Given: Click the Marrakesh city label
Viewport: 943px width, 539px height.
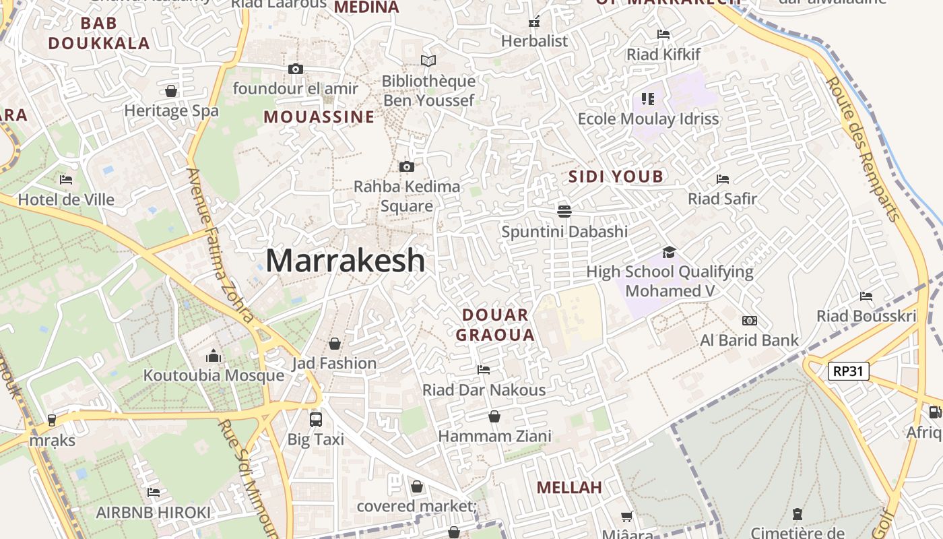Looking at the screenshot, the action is coord(346,261).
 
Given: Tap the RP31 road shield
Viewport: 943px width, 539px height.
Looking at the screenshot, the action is coord(849,371).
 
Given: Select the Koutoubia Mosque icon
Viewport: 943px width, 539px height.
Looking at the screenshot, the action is coord(214,356).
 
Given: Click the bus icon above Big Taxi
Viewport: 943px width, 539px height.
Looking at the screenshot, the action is coord(315,419).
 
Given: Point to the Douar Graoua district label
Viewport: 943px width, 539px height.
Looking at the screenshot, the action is coord(495,325).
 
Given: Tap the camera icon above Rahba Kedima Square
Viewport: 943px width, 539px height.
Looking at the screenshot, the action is coord(406,166).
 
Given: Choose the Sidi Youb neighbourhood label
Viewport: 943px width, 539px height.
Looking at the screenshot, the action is coord(616,177).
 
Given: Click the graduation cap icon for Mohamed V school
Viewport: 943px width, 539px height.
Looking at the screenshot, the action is coord(669,252).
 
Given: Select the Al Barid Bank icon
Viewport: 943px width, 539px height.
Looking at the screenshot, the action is coord(749,321).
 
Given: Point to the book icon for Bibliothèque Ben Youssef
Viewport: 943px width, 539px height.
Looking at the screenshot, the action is coord(428,61).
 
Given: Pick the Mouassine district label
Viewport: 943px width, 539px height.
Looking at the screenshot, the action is coord(319,117).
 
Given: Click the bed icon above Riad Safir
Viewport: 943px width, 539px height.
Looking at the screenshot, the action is coord(723,179).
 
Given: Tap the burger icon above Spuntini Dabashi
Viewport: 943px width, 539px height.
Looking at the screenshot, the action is coord(564,212).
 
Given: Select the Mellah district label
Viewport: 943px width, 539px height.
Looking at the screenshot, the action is coord(569,487).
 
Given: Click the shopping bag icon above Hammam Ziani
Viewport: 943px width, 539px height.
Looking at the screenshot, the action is coord(494,416).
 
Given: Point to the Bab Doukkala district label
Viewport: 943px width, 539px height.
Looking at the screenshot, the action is coord(99,33).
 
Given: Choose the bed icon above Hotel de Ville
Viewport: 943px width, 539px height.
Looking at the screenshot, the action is coord(66,180).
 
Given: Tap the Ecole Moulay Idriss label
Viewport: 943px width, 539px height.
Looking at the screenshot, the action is coord(648,119).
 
